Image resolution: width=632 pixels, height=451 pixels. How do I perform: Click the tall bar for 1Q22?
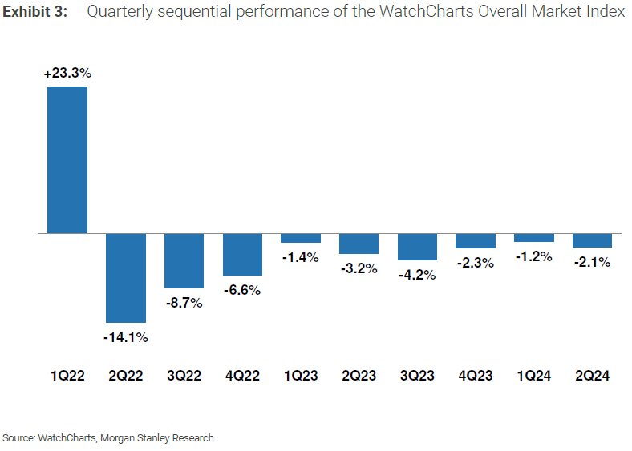coord(67,160)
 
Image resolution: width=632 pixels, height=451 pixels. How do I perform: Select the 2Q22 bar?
coord(126,278)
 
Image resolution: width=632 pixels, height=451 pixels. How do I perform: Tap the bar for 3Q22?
coord(184,261)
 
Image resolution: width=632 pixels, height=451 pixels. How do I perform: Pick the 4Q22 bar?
coord(242,255)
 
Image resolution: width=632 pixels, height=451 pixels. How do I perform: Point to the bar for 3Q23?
coord(417,247)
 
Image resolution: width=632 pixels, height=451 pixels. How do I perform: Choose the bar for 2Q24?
coord(592,240)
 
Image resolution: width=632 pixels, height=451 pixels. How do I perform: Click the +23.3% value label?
coord(67,73)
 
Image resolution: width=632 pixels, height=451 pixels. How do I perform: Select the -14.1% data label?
coord(126,337)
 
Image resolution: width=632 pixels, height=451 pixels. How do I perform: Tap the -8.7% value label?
coord(184,303)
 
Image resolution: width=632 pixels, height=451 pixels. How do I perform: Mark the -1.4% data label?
coord(301,257)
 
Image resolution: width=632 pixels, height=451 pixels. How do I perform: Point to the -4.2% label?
coord(417,275)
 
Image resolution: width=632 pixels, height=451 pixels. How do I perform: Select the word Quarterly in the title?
coord(120,12)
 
